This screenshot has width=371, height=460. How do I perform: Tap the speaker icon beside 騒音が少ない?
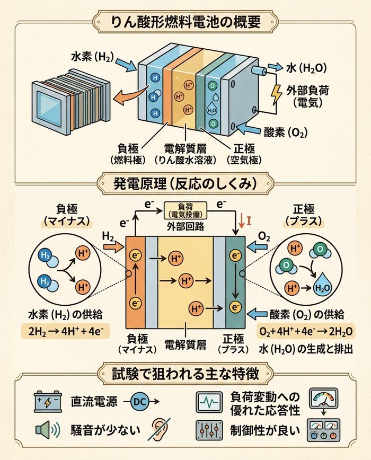[46, 430]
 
